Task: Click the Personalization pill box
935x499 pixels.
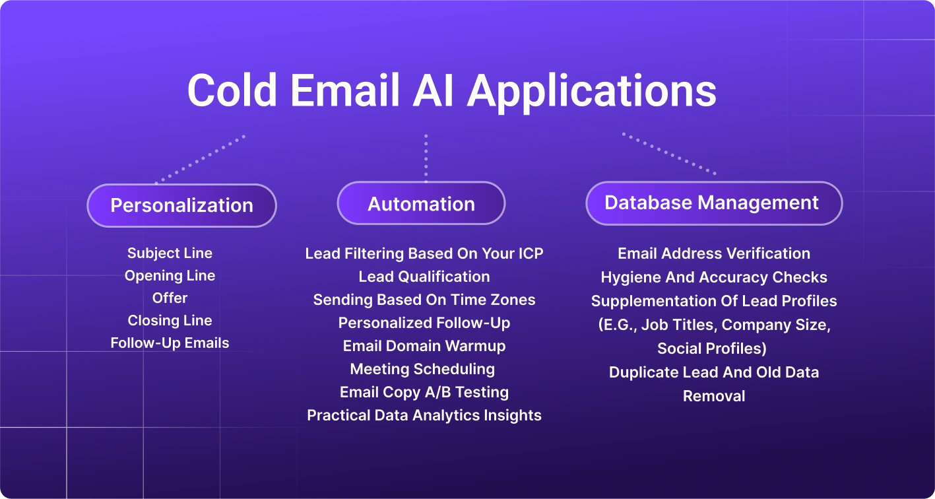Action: (181, 205)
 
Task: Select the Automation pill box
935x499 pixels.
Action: (421, 204)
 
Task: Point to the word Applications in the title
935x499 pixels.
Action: (591, 91)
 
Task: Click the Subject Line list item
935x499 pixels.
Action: (170, 253)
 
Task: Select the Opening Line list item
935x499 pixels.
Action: (170, 275)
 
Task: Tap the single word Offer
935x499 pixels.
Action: (170, 298)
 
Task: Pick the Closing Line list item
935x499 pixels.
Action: (170, 320)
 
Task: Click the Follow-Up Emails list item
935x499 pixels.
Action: (170, 343)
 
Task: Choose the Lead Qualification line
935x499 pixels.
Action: (424, 277)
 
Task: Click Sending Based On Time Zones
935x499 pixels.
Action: (424, 300)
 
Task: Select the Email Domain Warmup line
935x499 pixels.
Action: (424, 346)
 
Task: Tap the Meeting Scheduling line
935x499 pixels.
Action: (422, 369)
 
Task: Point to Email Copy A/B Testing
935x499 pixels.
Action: (424, 392)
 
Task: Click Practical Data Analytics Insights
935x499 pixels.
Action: (424, 415)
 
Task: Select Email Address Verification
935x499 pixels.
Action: (713, 253)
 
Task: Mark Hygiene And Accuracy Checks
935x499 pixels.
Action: (713, 277)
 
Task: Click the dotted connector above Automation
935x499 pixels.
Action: (426, 158)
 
